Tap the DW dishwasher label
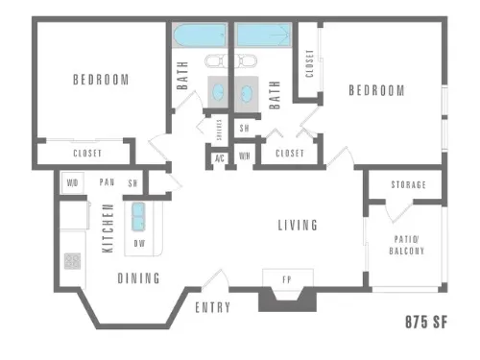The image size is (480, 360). click(140, 244)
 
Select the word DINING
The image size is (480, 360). click(139, 278)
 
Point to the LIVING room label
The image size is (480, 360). click(298, 226)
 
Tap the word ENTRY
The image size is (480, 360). click(212, 307)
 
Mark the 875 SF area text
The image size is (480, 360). click(425, 322)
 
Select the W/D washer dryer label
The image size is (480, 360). click(72, 182)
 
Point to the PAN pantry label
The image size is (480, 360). click(108, 182)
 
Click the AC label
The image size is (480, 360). click(220, 157)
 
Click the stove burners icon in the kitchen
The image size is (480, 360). click(72, 259)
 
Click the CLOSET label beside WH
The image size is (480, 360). click(289, 154)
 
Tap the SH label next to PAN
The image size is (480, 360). click(133, 182)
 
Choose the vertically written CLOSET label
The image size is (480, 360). click(309, 64)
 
